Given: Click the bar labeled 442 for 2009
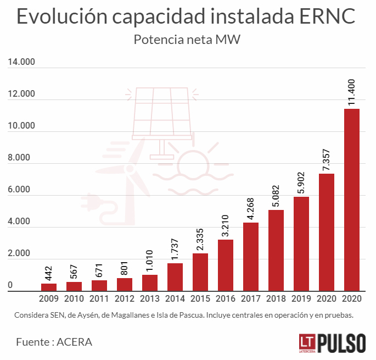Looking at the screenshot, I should (x=49, y=287).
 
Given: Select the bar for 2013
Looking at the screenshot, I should (x=150, y=283).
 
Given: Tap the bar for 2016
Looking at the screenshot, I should (x=226, y=265).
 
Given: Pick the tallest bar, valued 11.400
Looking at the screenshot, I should (x=351, y=200).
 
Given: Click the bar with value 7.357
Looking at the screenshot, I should (x=327, y=232).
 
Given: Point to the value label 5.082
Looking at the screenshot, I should (x=277, y=195).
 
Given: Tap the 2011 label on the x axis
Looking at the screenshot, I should (x=99, y=299).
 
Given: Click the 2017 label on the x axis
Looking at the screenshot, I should (x=251, y=299).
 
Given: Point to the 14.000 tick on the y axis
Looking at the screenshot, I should (x=21, y=62).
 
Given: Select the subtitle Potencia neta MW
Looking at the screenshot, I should (x=188, y=40).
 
